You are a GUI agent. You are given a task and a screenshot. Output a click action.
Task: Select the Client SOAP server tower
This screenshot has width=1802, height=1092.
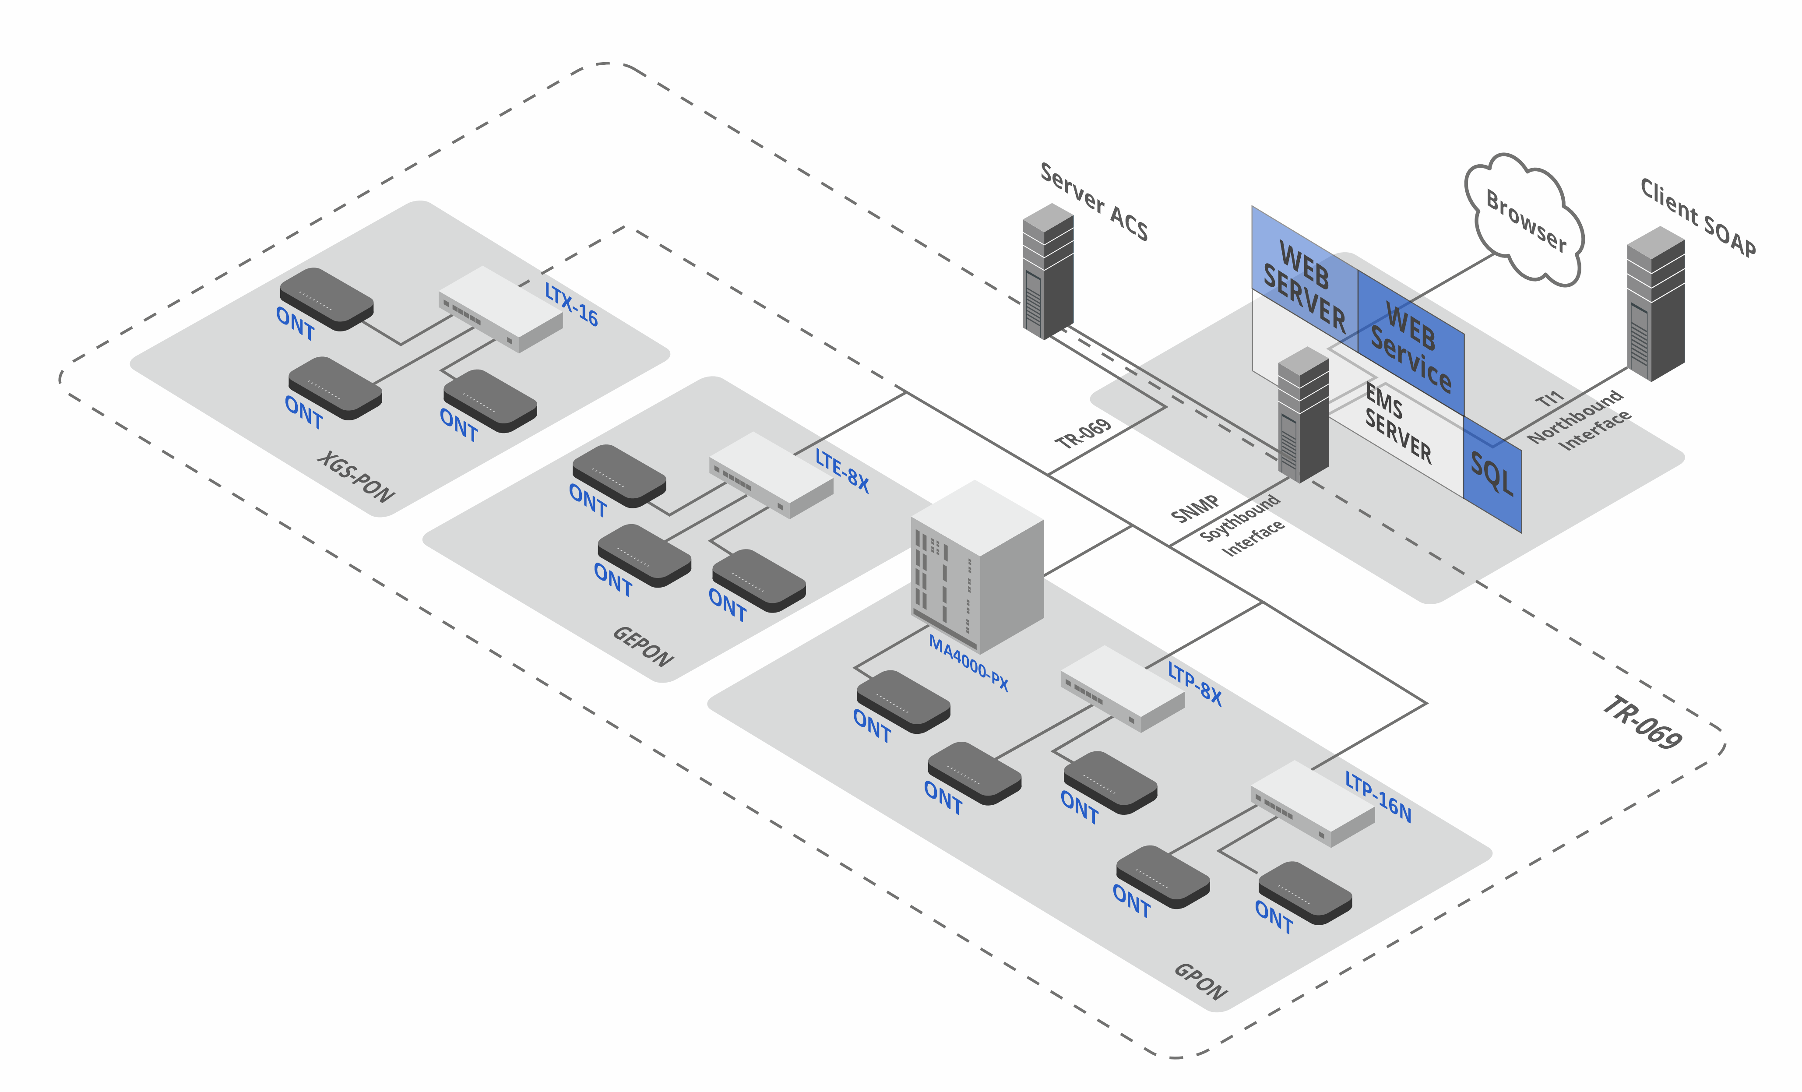click(1656, 303)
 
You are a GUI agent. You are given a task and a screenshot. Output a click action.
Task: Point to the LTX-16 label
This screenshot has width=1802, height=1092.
click(571, 304)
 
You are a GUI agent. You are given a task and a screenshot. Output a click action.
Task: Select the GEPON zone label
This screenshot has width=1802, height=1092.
click(642, 646)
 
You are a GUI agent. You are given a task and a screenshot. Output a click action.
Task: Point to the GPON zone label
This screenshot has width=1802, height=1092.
click(1200, 982)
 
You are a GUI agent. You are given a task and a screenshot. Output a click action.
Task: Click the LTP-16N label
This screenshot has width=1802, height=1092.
click(1378, 796)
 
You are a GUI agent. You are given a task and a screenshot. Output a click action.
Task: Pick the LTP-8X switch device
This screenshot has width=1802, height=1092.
click(1123, 687)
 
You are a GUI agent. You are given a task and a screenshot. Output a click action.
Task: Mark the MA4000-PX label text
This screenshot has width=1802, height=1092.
click(968, 662)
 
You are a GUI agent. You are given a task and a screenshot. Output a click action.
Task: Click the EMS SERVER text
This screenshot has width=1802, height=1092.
click(1397, 424)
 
